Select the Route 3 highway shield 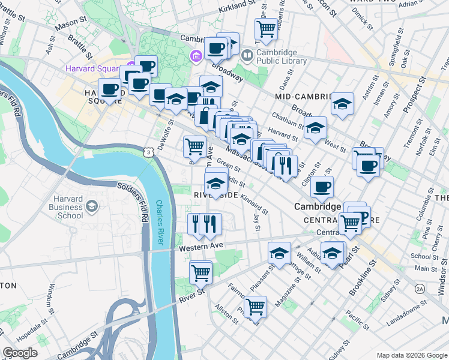pos(148,154)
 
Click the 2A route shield pos(420,289)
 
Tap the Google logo pos(20,353)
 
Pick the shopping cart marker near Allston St pos(256,307)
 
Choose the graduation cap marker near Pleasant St pos(279,253)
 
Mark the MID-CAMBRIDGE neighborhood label pos(303,97)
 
